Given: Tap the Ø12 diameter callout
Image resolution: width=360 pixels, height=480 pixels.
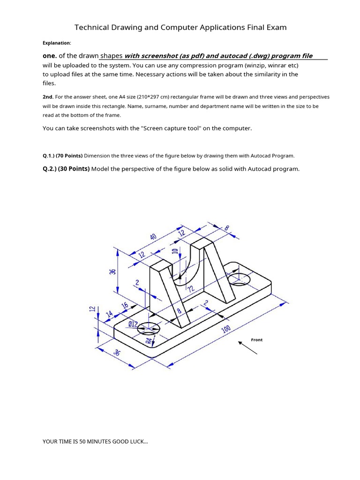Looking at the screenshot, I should [133, 324].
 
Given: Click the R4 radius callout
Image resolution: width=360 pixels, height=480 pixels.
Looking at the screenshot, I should [149, 341].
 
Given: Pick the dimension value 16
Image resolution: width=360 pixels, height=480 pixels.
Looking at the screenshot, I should [125, 306].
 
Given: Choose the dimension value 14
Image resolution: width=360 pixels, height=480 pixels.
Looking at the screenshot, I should [110, 314].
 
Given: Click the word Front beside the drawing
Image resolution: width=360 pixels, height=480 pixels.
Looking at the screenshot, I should [257, 340].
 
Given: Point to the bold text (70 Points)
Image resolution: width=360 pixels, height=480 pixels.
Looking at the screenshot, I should [69, 156].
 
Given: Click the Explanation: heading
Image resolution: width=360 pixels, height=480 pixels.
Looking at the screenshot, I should [57, 43].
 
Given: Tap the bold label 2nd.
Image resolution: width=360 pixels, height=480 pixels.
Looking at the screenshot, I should [48, 97].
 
